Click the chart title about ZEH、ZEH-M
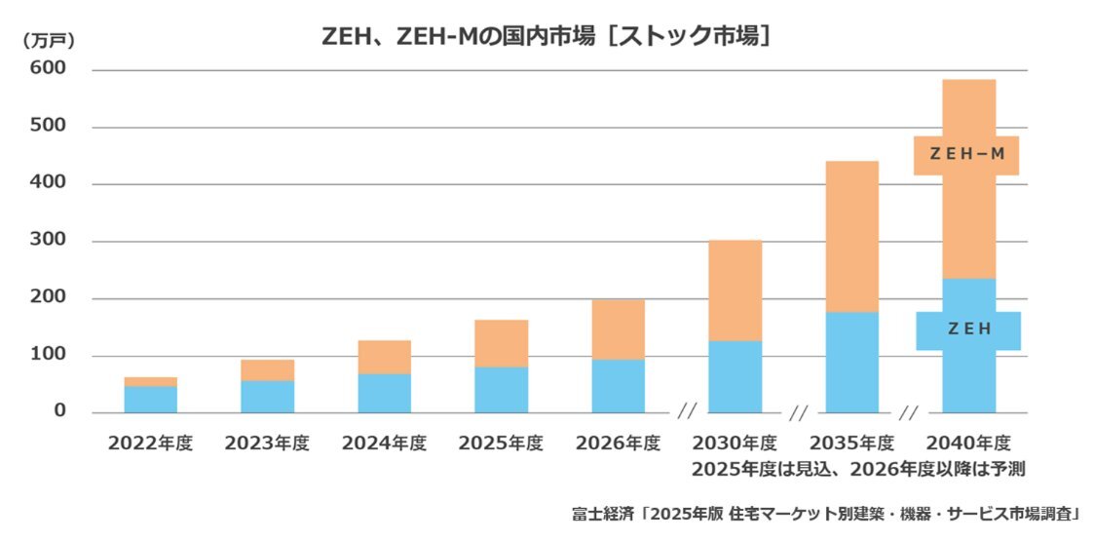point(546,36)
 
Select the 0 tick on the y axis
point(59,411)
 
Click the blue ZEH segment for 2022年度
point(151,400)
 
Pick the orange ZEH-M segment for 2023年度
point(268,369)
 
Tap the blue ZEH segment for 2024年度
point(385,393)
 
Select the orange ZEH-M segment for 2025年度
point(502,343)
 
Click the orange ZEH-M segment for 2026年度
point(619,329)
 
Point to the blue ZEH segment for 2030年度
point(735,376)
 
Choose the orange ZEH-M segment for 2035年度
point(852,236)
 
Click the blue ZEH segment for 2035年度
point(852,362)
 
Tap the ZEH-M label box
point(966,155)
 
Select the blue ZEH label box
point(968,330)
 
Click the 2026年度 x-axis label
point(619,444)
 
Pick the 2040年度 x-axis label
point(969,444)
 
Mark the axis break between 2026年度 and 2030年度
point(688,412)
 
